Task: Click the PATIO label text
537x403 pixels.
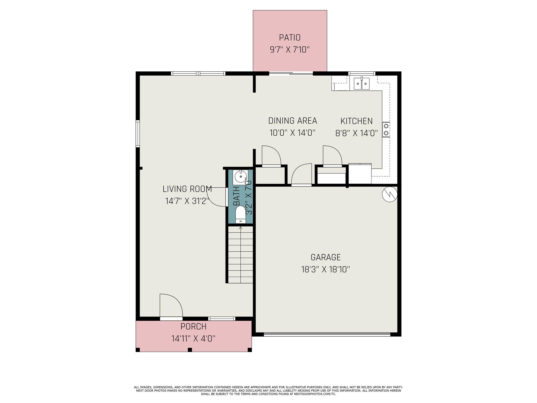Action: (x=289, y=38)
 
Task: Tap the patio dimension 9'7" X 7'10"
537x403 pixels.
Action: (x=289, y=50)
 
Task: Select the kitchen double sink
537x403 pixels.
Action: (x=362, y=84)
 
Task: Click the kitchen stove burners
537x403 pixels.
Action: (x=386, y=130)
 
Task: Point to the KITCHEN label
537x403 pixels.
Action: (x=356, y=121)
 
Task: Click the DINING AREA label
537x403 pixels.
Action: (x=292, y=121)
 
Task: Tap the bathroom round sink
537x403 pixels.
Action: (x=240, y=177)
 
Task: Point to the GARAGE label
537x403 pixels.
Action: (x=325, y=257)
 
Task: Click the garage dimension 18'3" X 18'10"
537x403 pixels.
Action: (x=325, y=269)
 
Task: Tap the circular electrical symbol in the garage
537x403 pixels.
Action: (x=390, y=194)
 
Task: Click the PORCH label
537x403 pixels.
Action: (x=193, y=326)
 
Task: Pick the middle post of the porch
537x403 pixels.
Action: (x=190, y=349)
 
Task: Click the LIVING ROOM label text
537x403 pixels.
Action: (x=187, y=189)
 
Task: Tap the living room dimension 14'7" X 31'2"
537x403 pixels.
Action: (x=187, y=201)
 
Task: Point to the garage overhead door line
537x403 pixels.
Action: (x=327, y=334)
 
